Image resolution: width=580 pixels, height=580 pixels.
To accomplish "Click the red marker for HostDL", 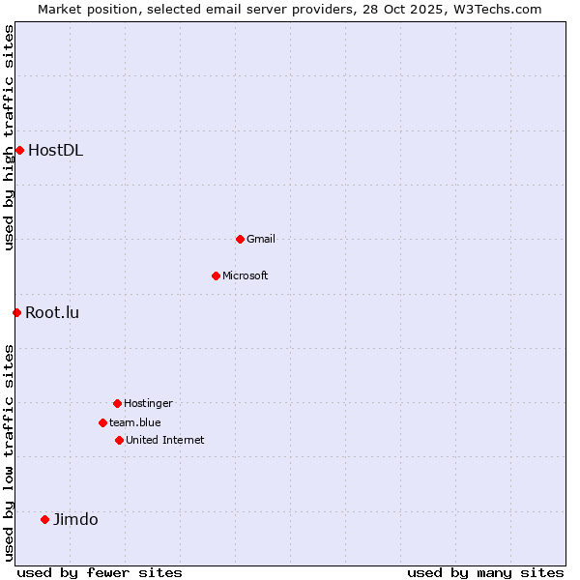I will (x=19, y=150).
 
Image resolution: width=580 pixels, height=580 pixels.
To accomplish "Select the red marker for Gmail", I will (x=240, y=239).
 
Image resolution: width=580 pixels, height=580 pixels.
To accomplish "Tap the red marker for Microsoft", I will (x=216, y=275).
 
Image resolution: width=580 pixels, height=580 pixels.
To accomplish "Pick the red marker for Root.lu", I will (x=16, y=312).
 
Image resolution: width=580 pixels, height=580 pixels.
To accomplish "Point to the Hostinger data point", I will (x=117, y=403).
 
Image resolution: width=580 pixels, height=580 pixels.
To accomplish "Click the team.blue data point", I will (x=102, y=422).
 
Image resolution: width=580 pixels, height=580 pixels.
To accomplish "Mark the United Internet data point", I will (x=119, y=440).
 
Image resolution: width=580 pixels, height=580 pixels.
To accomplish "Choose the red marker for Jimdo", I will (x=44, y=519).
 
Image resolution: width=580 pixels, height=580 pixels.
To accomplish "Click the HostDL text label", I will (x=55, y=150).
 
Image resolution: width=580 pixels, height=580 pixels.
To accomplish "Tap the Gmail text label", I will (x=261, y=239).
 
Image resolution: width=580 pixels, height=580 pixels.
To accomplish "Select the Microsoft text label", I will (x=246, y=275).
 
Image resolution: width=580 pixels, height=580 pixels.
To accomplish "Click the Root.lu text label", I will (x=52, y=312).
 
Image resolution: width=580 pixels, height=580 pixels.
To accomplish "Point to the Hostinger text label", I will (x=148, y=403).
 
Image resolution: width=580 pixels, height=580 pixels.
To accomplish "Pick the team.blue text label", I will (x=135, y=422).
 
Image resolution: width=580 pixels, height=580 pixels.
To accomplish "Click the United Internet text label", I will (x=165, y=440).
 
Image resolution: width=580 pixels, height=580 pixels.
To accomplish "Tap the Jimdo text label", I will (x=75, y=519).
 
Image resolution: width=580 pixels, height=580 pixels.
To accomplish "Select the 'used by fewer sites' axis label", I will (x=100, y=572).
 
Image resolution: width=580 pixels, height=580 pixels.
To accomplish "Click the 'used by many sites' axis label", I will (x=485, y=572).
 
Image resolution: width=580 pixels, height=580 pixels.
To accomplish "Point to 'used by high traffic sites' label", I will (x=9, y=137).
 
